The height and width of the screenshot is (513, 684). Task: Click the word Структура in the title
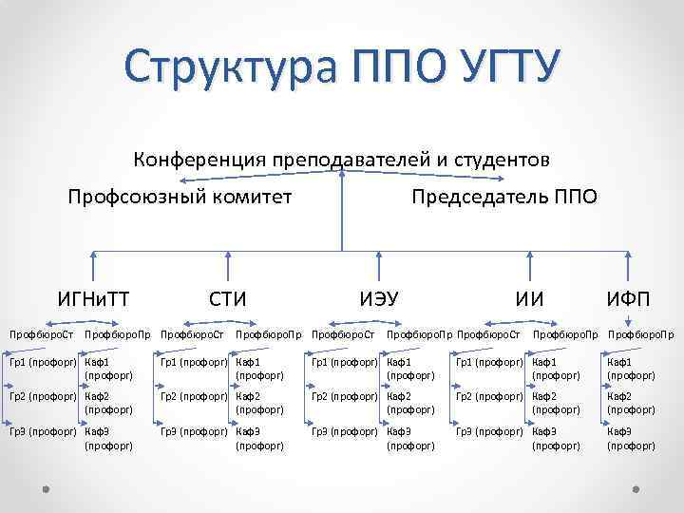(232, 68)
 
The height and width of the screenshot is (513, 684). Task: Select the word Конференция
(199, 159)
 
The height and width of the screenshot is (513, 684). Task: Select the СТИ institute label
(228, 300)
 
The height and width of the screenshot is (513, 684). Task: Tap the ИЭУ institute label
(379, 300)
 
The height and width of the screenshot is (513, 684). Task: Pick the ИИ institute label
(529, 300)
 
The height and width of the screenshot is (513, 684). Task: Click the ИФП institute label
(629, 300)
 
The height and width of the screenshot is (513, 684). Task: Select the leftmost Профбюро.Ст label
(42, 334)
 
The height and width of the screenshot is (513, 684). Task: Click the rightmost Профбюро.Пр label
(641, 334)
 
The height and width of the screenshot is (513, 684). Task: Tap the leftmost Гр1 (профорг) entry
(44, 362)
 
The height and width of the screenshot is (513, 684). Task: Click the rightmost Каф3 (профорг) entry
(631, 438)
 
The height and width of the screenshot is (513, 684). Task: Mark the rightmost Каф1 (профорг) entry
(631, 368)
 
